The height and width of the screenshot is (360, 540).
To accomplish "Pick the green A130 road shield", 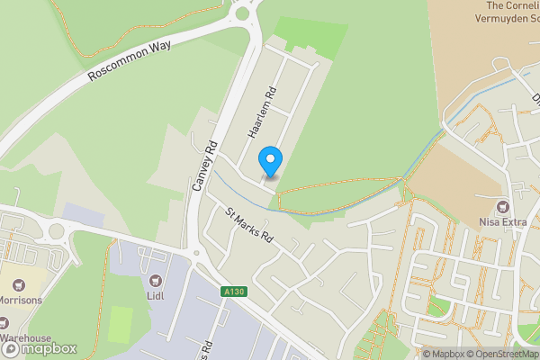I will (233, 292).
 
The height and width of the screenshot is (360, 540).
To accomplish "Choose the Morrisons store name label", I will (22, 301).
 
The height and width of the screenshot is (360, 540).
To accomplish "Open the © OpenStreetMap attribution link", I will (501, 354).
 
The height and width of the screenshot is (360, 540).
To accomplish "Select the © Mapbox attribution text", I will (444, 354).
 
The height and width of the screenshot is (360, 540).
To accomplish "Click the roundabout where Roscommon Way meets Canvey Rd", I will (241, 12).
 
